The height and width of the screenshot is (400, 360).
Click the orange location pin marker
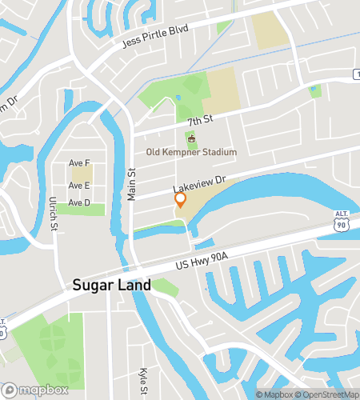pyautogui.click(x=181, y=200)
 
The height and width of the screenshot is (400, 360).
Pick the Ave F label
pyautogui.click(x=79, y=163)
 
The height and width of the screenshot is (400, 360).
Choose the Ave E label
pyautogui.click(x=79, y=186)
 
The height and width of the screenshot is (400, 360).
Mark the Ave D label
pyautogui.click(x=79, y=202)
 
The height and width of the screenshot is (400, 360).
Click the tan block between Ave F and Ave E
pyautogui.click(x=82, y=174)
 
